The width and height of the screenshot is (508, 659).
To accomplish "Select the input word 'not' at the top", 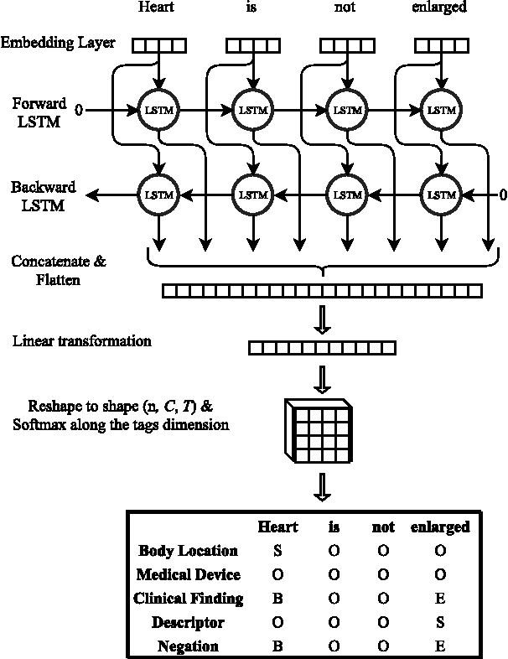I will coord(344,8).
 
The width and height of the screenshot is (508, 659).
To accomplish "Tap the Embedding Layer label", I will coord(58,43).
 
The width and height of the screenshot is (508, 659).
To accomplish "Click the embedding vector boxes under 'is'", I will coord(251,45).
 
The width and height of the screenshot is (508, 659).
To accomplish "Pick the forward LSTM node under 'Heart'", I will coord(157,110).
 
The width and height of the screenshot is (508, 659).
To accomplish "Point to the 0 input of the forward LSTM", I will coord(79,110).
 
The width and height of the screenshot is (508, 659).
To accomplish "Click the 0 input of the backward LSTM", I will coord(502,195).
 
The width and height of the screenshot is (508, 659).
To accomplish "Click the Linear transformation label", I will coord(82,341).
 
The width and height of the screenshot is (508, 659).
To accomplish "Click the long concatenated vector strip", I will coord(322,291).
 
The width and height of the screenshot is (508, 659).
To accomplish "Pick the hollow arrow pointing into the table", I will coord(322,486).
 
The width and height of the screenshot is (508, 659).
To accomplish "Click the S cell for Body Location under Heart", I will coord(277,551).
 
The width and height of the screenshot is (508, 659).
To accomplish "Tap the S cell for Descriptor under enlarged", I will coord(439,623).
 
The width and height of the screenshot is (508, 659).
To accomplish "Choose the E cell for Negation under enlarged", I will coord(439,646).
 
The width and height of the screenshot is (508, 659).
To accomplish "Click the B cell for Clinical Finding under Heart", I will coord(277,599).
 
